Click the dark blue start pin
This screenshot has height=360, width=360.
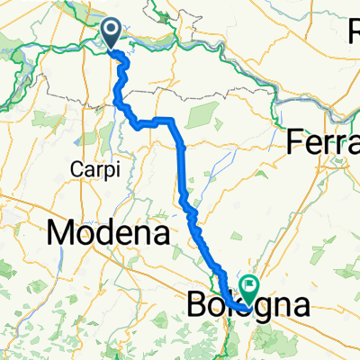click(112, 35)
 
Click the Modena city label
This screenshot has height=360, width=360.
click(108, 234)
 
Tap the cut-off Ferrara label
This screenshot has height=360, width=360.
click(323, 142)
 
